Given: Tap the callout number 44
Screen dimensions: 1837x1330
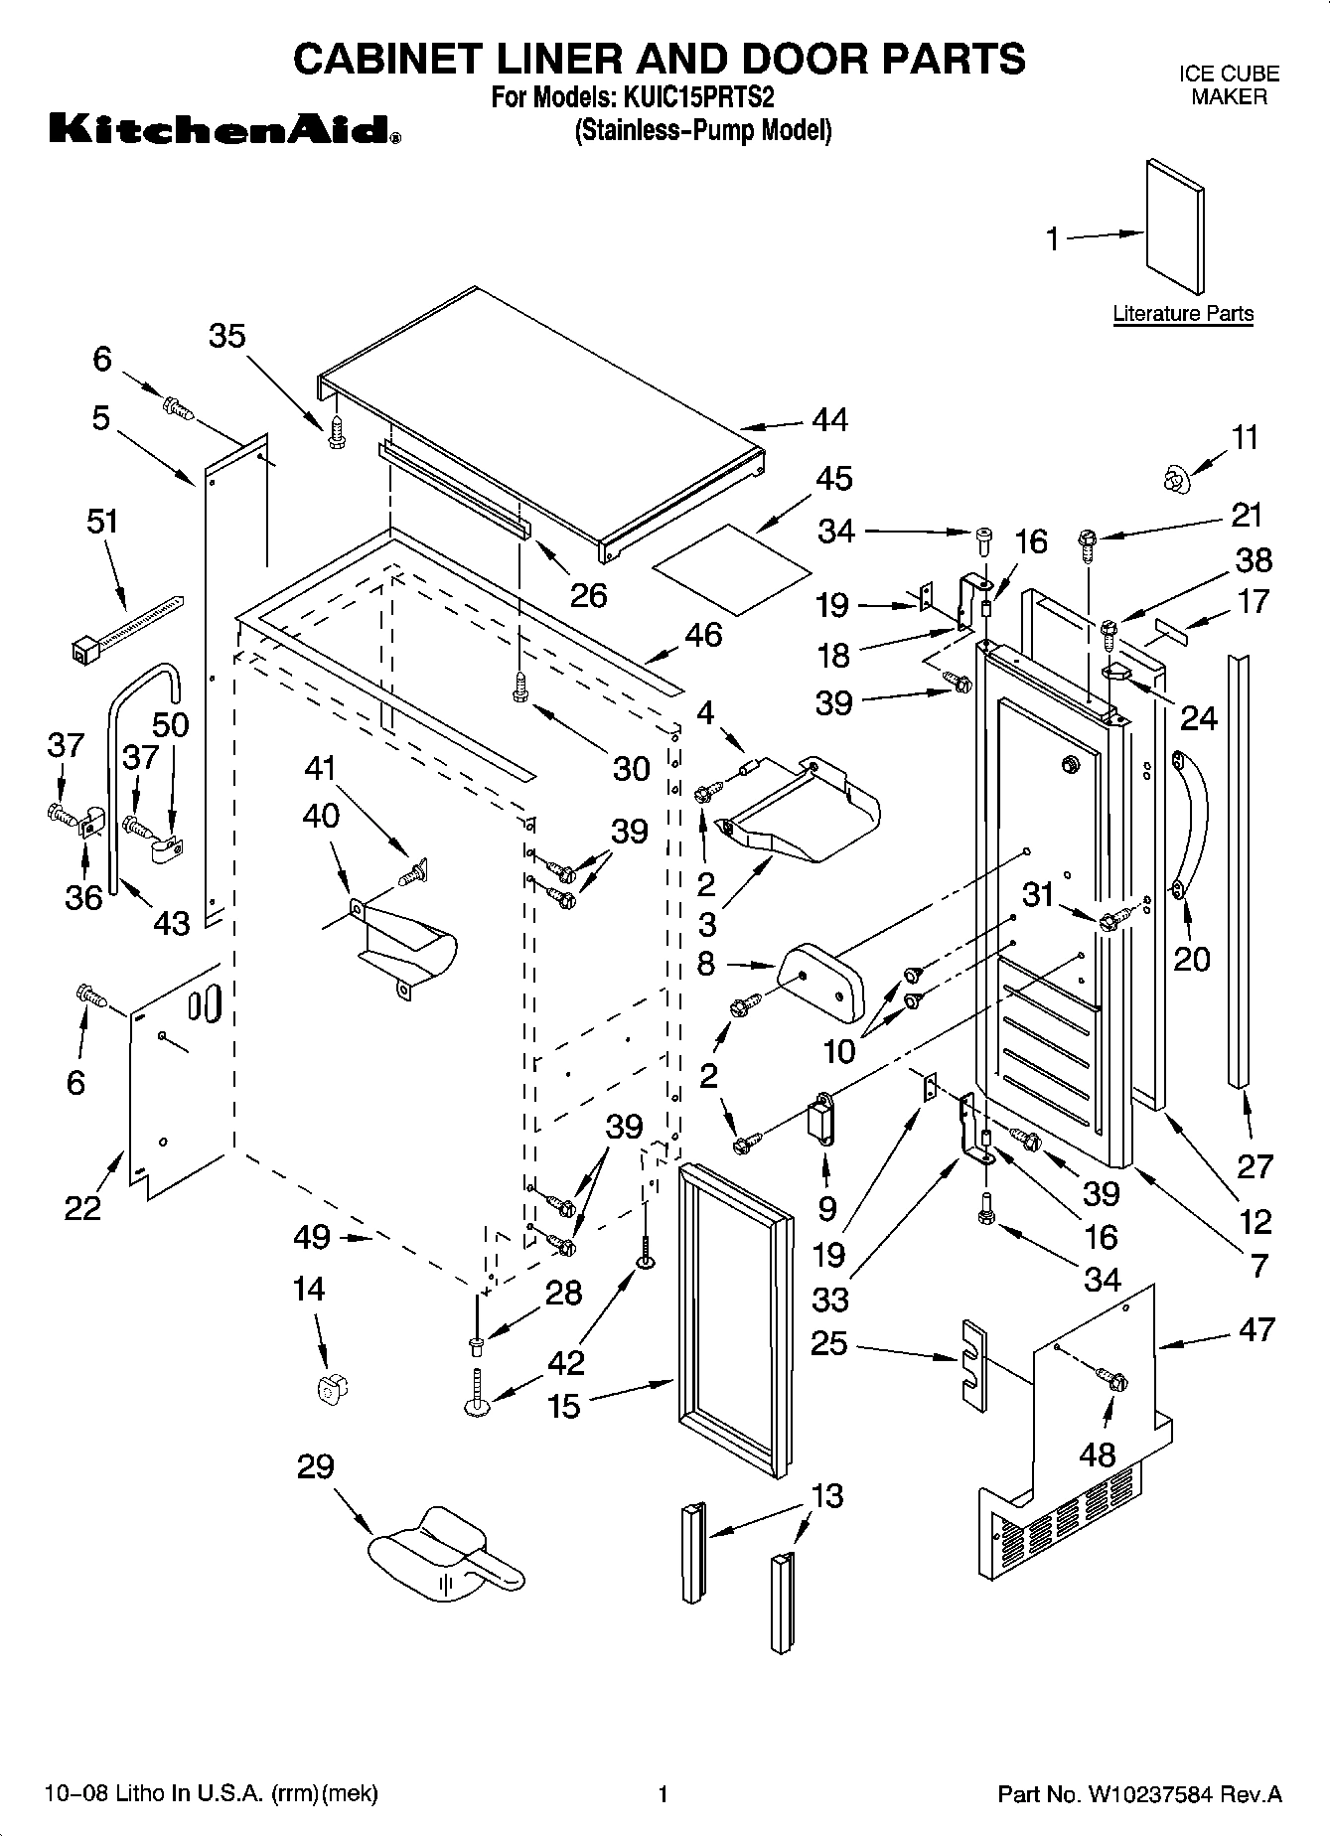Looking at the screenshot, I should (x=830, y=420).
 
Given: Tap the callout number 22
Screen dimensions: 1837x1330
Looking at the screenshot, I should (x=83, y=1207).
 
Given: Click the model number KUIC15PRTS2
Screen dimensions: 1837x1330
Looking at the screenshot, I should (x=698, y=99).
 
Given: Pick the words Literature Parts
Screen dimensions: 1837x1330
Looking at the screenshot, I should (x=1183, y=314).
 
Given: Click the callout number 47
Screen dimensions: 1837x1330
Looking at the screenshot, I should (x=1257, y=1329).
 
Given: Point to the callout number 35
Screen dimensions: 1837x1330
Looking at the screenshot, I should (x=227, y=336).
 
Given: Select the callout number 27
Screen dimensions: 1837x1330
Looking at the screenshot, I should (x=1256, y=1165).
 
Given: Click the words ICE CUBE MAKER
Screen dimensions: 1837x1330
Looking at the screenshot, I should (x=1229, y=85).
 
